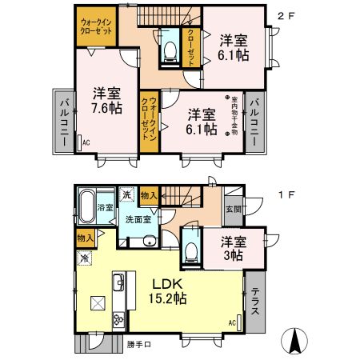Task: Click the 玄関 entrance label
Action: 231,210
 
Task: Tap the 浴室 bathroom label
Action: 105,206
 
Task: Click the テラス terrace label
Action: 255,303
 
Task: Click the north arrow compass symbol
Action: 297,342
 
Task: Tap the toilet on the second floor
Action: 169,50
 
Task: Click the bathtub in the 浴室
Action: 86,207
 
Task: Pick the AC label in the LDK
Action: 231,322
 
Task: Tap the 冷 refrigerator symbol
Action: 84,258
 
